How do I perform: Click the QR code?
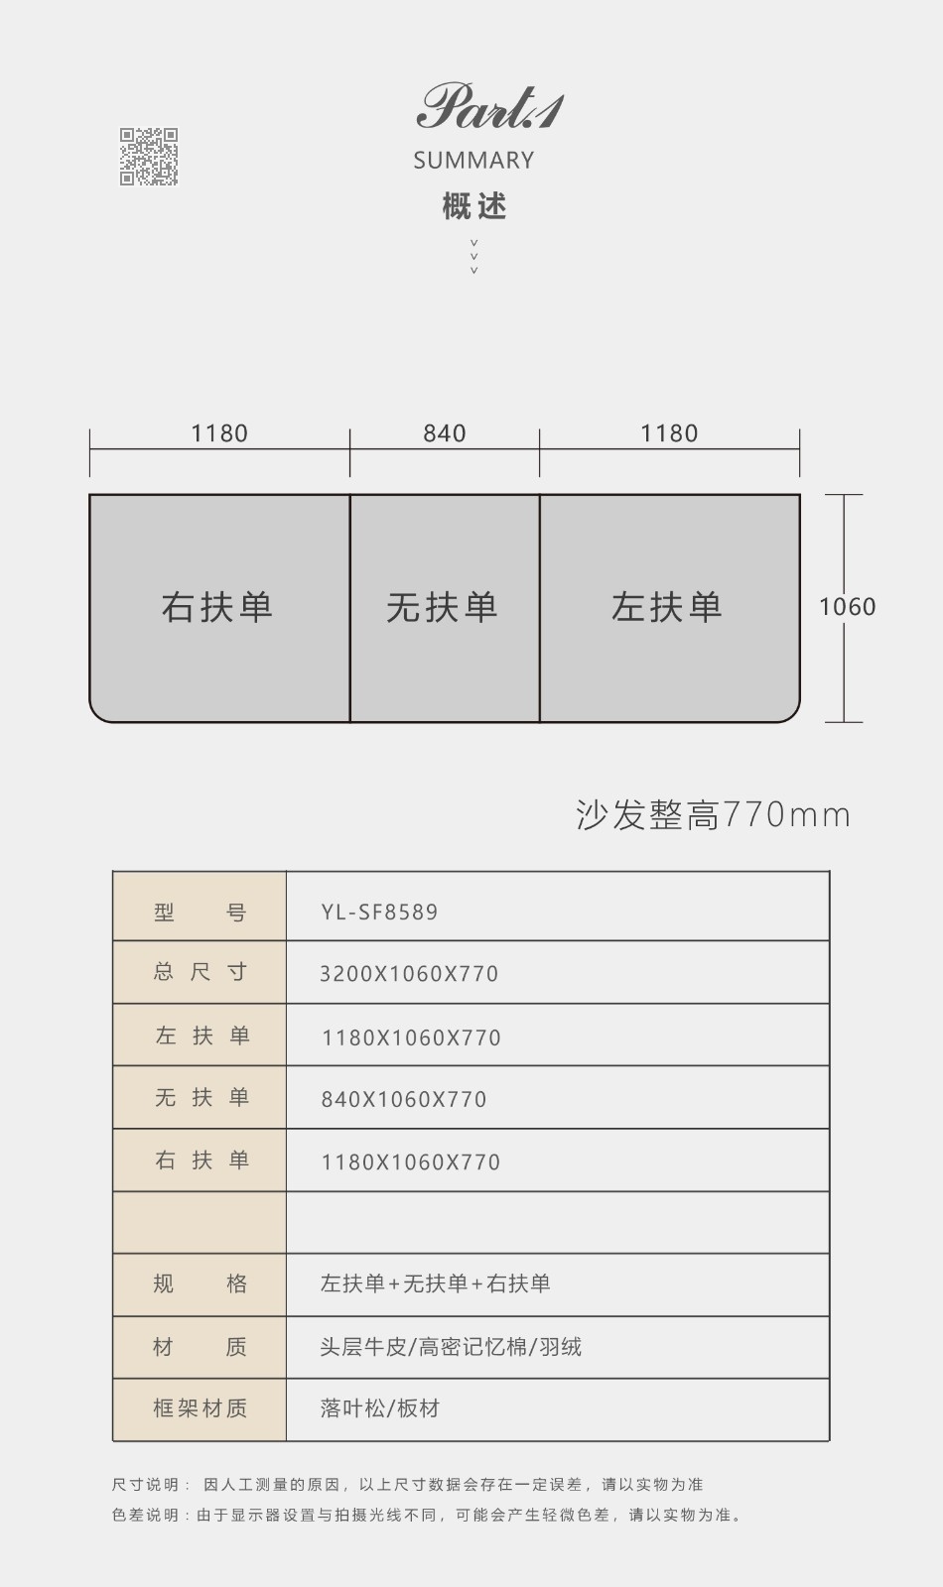(x=148, y=157)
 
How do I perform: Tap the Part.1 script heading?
(x=490, y=107)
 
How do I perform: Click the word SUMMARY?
(x=473, y=160)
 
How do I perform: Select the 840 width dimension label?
(x=445, y=432)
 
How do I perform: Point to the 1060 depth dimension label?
(x=848, y=606)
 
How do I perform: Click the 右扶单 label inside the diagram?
(x=217, y=607)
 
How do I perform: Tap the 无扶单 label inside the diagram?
(x=442, y=607)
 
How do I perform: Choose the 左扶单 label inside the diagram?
(x=666, y=607)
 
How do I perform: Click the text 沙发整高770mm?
(x=713, y=814)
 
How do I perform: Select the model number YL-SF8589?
(x=379, y=912)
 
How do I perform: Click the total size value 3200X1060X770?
(x=409, y=974)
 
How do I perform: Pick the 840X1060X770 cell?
(x=404, y=1100)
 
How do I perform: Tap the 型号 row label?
(x=200, y=912)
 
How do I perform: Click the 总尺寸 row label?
(x=200, y=972)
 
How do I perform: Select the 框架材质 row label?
(x=200, y=1407)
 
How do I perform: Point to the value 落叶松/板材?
(x=380, y=1407)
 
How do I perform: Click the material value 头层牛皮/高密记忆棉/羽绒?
(x=451, y=1346)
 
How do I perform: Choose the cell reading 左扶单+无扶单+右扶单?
(x=436, y=1283)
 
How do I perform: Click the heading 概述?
(x=474, y=206)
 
